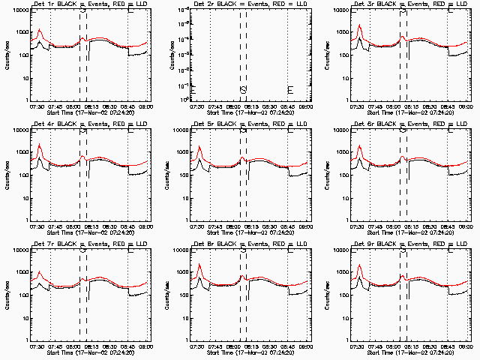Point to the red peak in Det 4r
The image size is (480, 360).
click(x=39, y=144)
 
